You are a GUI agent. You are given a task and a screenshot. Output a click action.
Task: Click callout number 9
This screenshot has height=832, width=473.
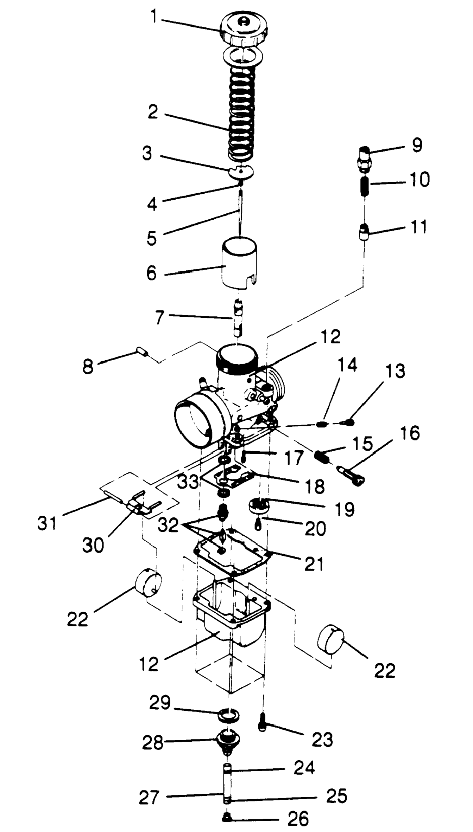point(417,145)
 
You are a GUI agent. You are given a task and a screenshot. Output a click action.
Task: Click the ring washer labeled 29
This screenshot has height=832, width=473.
point(229,715)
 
